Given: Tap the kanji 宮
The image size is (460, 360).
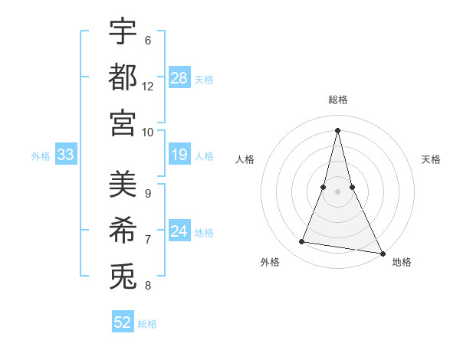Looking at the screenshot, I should [123, 122].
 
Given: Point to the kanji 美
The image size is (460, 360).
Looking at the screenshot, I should [123, 184].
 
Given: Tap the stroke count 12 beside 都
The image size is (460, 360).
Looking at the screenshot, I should [148, 86].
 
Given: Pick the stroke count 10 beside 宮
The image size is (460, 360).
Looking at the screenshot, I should [148, 132].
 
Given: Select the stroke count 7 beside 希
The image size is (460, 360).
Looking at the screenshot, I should [148, 239].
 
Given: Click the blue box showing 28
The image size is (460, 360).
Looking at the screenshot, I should [179, 77].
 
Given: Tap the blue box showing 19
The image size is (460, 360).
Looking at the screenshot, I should [179, 155].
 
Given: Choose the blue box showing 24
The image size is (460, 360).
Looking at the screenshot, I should [179, 231].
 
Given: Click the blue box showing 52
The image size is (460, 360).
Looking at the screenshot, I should [123, 322].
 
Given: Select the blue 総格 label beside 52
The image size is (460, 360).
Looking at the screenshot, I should [147, 324].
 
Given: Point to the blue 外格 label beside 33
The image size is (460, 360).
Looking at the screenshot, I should [41, 156].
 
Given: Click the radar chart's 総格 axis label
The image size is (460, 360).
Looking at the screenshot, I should [338, 100].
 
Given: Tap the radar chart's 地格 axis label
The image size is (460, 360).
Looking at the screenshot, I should [402, 262].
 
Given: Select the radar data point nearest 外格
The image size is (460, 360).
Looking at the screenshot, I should [302, 242].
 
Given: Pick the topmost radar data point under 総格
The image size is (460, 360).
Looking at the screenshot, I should [338, 129].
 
